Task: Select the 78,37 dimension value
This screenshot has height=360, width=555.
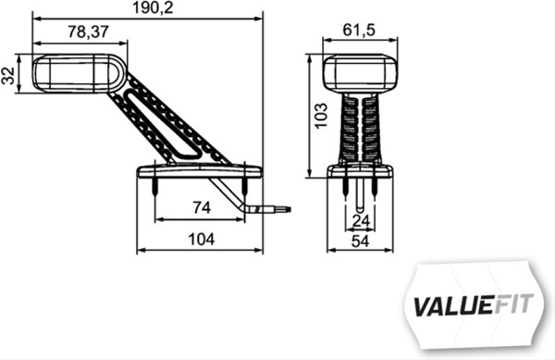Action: click(89, 31)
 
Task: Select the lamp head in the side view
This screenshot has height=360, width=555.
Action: click(70, 71)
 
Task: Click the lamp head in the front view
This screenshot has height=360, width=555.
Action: click(359, 72)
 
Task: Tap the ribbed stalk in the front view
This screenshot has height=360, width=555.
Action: click(359, 130)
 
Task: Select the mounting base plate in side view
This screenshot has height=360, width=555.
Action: click(200, 171)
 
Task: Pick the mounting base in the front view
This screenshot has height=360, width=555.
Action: click(359, 170)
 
